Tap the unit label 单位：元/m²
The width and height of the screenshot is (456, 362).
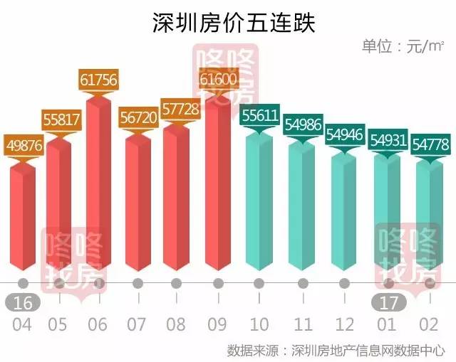[403, 47]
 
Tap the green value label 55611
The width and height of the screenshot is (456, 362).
[260, 117]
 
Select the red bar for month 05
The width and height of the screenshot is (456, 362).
[59, 206]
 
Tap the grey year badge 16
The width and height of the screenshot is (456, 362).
[23, 302]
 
